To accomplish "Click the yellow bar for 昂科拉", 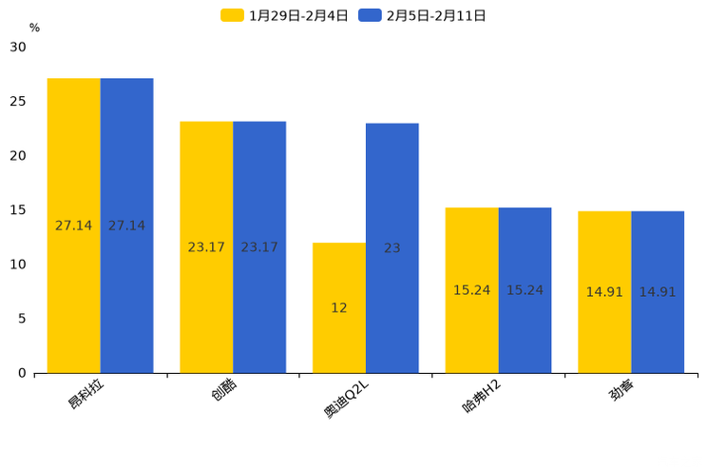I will point(74,226).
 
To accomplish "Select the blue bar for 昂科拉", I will point(126,226).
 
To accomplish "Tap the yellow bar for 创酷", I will point(206,247).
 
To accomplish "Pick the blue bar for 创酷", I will point(259,247).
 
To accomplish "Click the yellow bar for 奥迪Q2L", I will point(339,307).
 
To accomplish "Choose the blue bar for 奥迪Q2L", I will point(392,248).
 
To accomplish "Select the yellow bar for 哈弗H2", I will point(472,290).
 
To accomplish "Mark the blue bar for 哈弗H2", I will point(525,290).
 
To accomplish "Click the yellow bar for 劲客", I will point(604,292).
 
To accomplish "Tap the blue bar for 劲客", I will point(658,292).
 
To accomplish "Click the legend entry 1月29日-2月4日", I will point(285,15).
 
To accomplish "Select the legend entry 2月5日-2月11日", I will point(424,15).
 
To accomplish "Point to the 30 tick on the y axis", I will point(18,47).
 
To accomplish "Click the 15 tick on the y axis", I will point(18,210).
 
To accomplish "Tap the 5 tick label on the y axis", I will point(22,319).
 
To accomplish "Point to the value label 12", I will point(339,307).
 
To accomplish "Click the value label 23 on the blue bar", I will point(392,248).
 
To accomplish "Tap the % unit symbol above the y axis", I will point(34,28).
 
